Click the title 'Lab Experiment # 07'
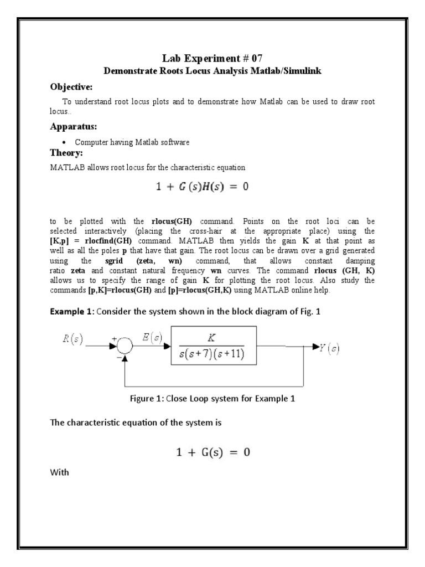pos(212,58)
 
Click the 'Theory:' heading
pos(66,152)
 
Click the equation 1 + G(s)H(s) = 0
pos(202,187)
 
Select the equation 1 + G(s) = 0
pos(213,452)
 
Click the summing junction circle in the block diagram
pos(125,347)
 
